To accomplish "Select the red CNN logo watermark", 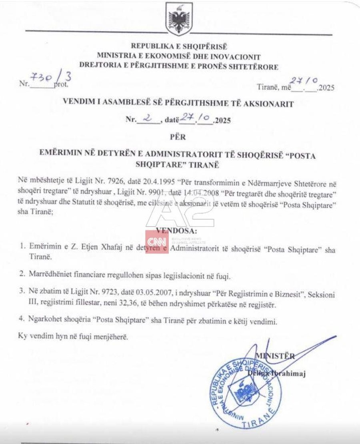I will pyautogui.click(x=157, y=241).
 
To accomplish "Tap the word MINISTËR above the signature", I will pyautogui.click(x=276, y=356).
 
